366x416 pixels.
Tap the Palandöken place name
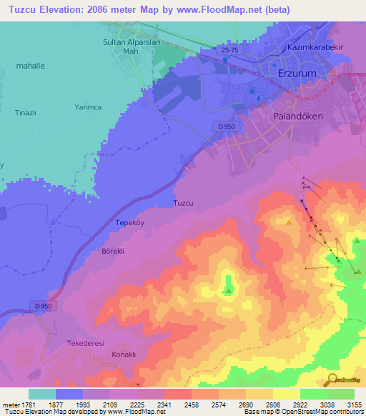click(299, 114)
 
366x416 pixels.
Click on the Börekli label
click(113, 252)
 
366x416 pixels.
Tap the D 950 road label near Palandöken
click(224, 127)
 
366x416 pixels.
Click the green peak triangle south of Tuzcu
click(228, 290)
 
